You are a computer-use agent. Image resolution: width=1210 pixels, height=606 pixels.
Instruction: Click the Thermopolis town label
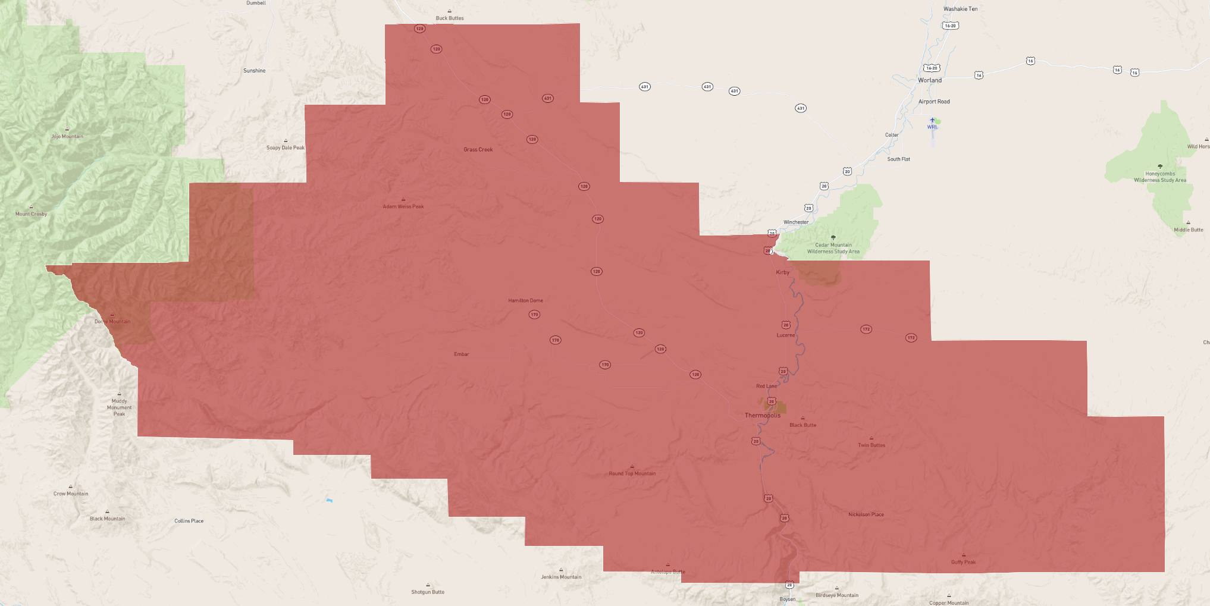point(762,415)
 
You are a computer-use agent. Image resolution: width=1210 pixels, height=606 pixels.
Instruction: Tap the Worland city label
point(929,80)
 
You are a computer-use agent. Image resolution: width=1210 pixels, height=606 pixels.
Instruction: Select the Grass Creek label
point(478,149)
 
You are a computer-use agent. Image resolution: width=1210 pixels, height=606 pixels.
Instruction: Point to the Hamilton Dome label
point(525,300)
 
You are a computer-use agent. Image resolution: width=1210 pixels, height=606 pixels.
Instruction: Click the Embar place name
point(461,354)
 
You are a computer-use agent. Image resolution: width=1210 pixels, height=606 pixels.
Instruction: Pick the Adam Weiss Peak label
point(403,206)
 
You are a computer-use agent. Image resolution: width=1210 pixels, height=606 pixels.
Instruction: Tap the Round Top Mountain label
point(632,473)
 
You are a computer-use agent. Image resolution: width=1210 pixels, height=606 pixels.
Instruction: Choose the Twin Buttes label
point(871,445)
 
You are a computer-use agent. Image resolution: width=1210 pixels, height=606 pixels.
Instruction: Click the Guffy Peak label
point(963,562)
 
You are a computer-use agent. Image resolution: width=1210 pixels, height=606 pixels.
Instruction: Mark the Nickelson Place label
point(866,514)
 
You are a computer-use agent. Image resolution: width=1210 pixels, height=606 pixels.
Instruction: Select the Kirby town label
point(782,272)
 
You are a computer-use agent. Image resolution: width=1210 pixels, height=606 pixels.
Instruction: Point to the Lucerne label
point(785,335)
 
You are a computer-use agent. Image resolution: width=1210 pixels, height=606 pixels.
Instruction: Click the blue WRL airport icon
point(932,120)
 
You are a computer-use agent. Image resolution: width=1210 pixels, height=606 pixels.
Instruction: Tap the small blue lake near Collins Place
point(329,500)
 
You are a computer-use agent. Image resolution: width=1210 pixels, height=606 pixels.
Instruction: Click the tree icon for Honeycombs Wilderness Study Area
point(1159,167)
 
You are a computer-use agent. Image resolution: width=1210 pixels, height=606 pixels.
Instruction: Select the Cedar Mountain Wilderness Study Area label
point(833,248)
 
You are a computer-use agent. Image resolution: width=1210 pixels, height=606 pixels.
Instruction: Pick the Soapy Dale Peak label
point(285,147)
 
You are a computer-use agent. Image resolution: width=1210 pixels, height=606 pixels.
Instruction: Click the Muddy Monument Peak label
point(119,407)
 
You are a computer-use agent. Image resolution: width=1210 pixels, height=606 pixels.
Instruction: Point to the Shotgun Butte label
point(428,592)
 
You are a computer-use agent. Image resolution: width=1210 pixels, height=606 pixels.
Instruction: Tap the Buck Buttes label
point(449,18)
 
